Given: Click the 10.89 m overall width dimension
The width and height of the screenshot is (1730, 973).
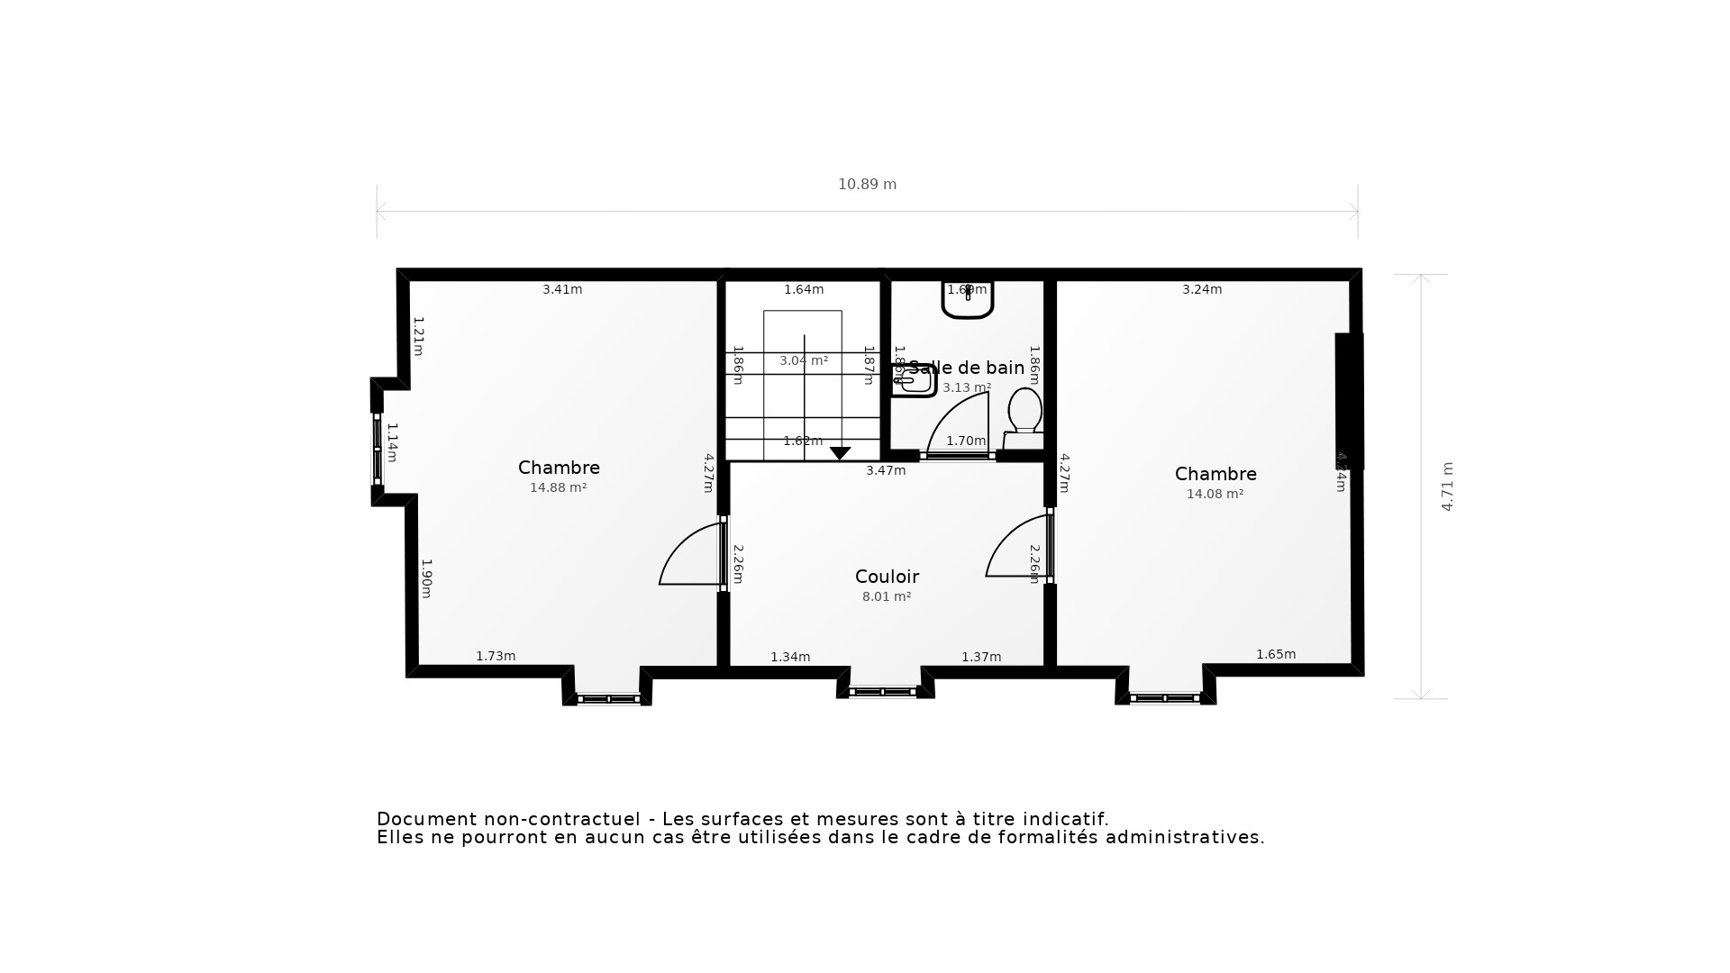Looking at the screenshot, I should [867, 185].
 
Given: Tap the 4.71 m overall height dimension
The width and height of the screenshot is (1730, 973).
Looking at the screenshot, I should [1447, 486].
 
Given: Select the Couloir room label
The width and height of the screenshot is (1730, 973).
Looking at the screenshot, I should [887, 577].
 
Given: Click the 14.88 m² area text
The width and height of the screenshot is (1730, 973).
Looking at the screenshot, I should [558, 488].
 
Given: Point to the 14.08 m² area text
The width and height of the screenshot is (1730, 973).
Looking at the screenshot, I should [1215, 495].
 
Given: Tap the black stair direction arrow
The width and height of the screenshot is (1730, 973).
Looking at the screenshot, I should [840, 453].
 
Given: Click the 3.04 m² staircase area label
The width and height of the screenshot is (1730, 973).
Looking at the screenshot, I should [803, 361].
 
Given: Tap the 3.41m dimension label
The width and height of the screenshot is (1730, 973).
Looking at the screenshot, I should [562, 290].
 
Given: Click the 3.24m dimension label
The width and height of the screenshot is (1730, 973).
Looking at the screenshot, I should [1202, 290].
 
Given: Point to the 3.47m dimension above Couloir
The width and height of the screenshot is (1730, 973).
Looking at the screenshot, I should [886, 471].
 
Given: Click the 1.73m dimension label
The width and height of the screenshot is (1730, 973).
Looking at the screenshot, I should [496, 657].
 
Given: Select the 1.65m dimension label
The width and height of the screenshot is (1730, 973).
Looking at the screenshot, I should [1276, 655].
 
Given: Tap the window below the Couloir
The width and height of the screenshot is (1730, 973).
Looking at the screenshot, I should [882, 692].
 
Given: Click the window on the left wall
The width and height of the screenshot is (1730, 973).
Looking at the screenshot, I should [378, 449].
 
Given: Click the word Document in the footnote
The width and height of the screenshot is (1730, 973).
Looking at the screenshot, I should [426, 820].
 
